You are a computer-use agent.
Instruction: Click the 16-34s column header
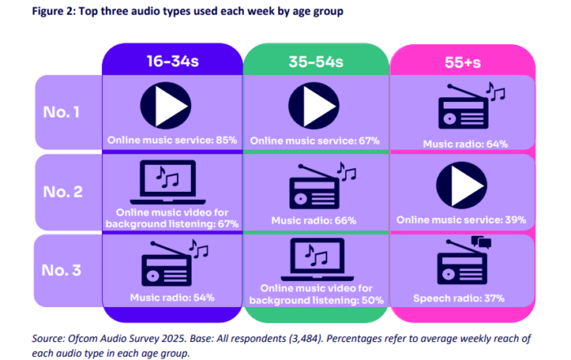pyautogui.click(x=171, y=60)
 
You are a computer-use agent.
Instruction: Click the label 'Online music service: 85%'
pyautogui.click(x=171, y=140)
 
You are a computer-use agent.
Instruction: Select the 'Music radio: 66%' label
pyautogui.click(x=313, y=220)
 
